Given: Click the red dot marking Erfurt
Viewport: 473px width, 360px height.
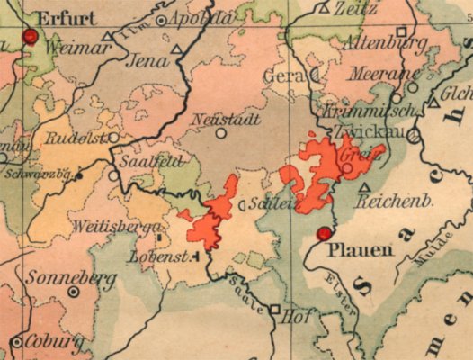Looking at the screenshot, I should (x=31, y=37).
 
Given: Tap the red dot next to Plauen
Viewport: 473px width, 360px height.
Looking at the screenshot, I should (x=324, y=234).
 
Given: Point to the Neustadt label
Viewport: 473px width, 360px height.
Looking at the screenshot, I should (x=220, y=119).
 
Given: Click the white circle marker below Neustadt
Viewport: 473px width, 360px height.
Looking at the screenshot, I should (x=221, y=133).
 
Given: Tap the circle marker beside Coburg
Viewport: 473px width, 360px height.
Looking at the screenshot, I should (x=17, y=342).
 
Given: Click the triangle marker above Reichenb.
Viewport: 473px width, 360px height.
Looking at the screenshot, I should (x=364, y=188).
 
